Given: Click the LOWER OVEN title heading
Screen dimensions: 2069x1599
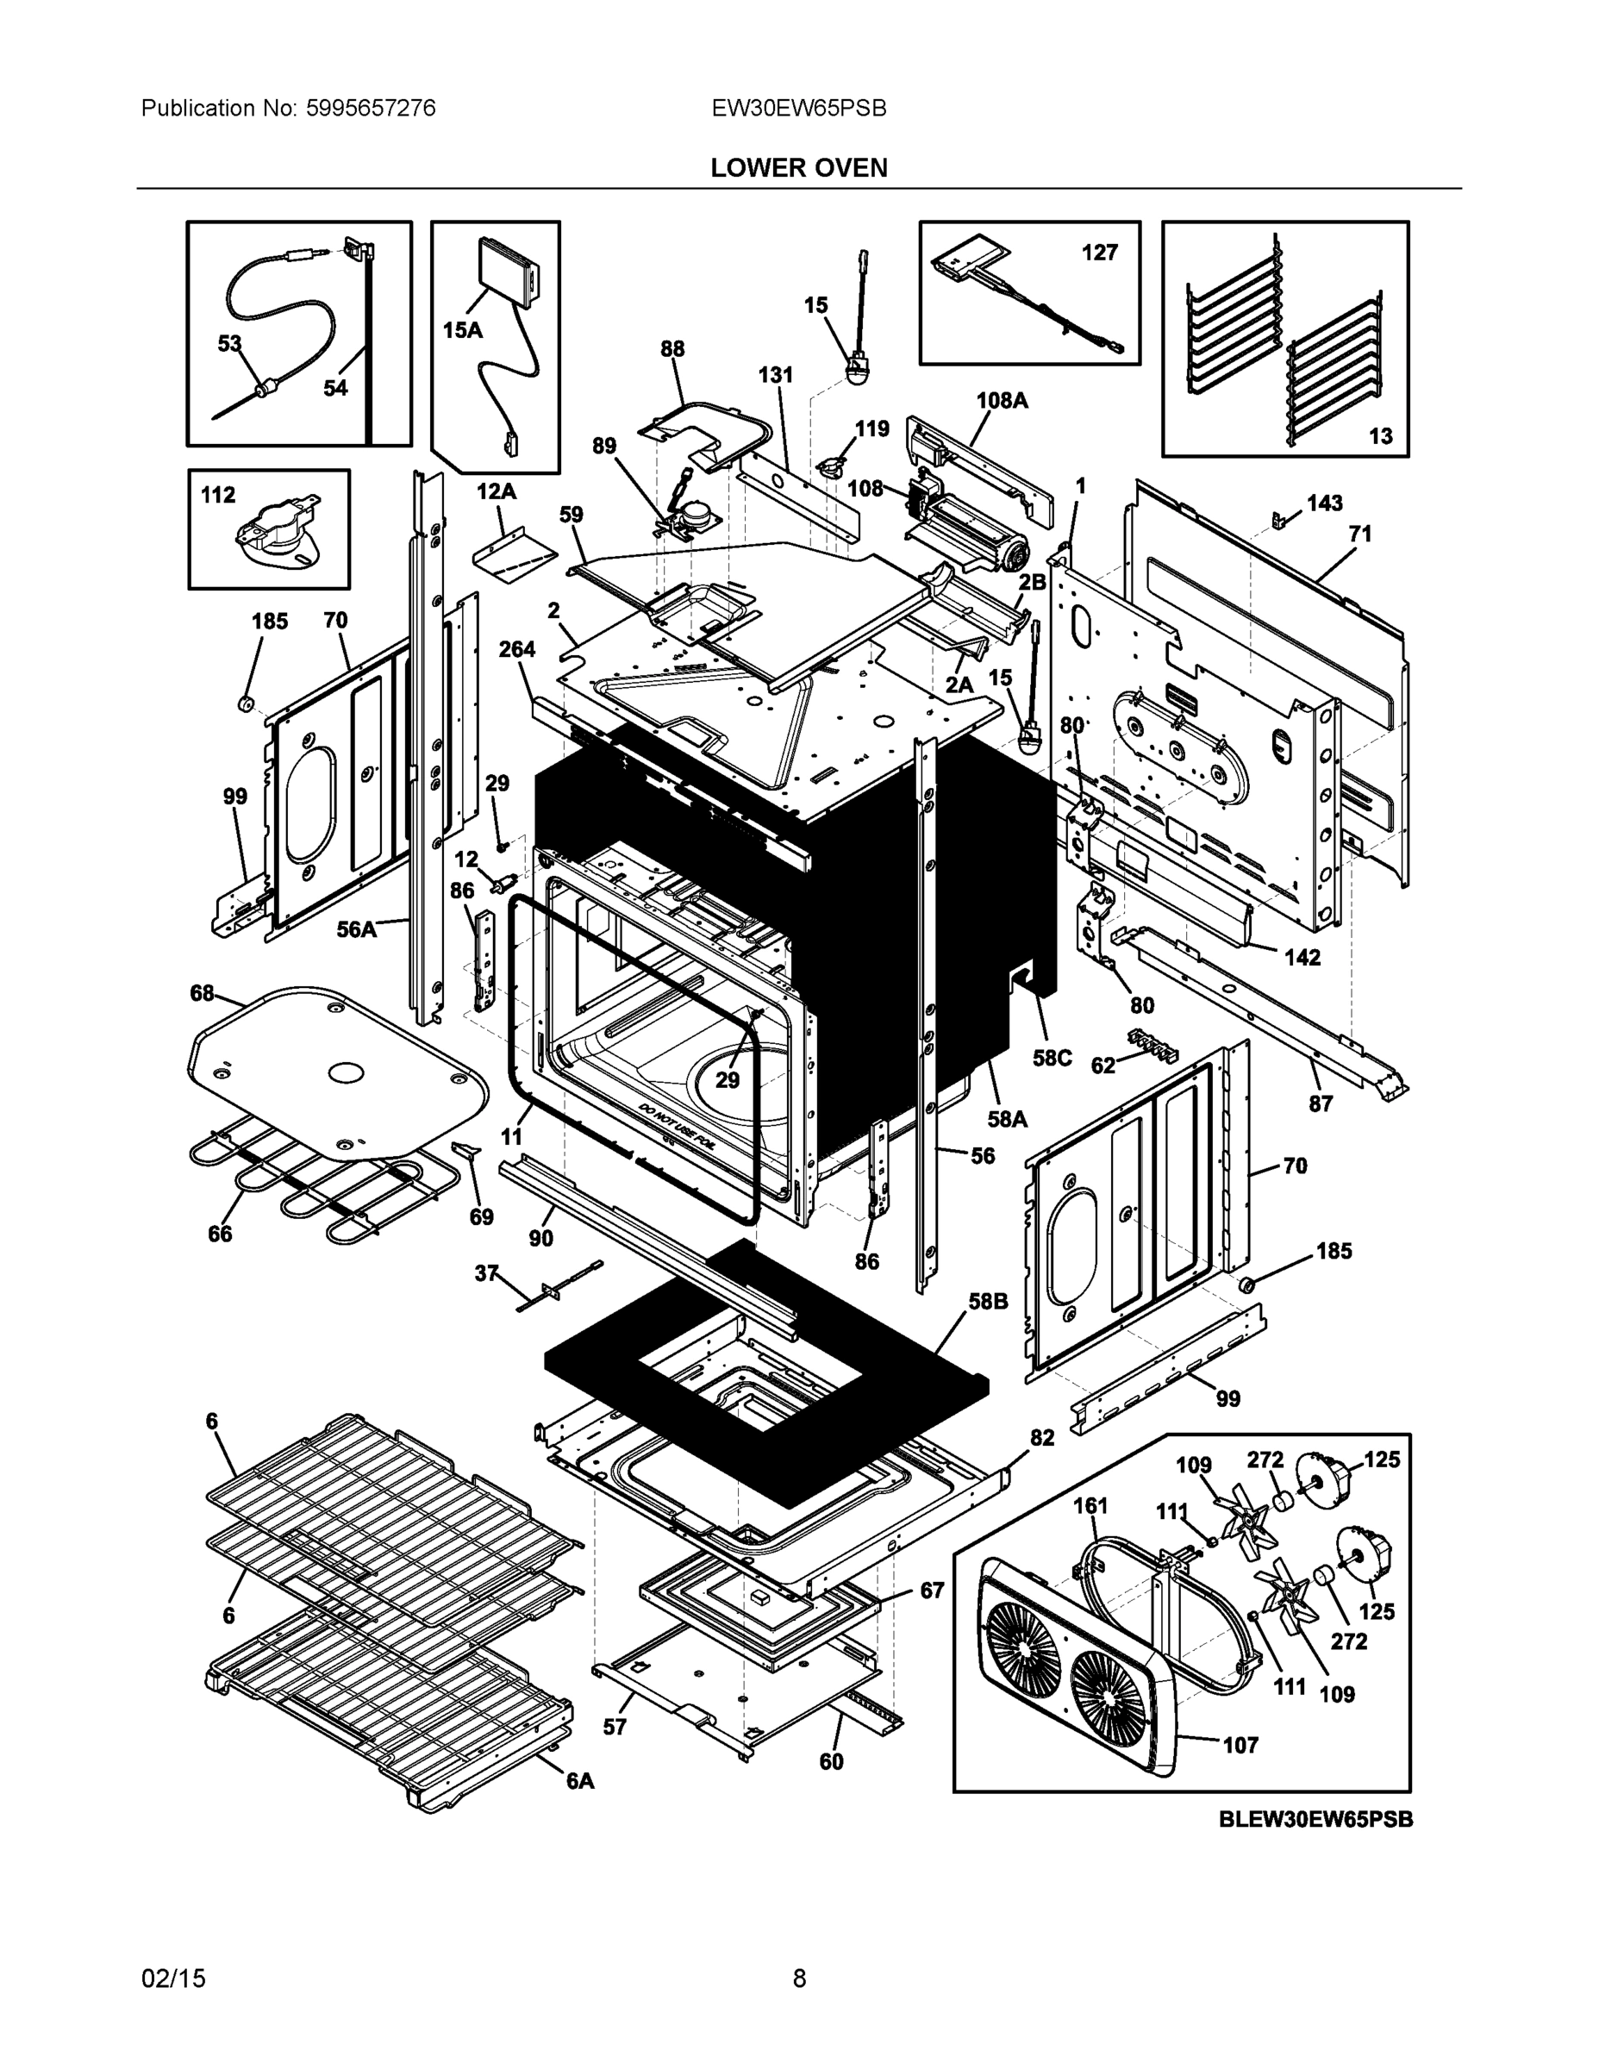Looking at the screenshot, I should click(798, 168).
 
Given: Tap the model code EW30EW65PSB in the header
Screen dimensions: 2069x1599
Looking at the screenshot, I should click(798, 108).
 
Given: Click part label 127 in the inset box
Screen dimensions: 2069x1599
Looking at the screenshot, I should click(1099, 252).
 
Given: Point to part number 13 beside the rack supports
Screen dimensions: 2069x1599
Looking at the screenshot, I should click(1380, 435).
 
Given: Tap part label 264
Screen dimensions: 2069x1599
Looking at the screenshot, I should click(517, 649).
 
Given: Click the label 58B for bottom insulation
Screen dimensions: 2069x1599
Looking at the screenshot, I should click(988, 1302).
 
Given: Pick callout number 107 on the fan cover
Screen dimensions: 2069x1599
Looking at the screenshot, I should click(1240, 1744).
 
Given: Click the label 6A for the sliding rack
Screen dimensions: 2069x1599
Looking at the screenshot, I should click(580, 1781).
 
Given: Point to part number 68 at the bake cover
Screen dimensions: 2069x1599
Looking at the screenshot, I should click(202, 993).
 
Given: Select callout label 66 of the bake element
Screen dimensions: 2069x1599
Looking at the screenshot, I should click(220, 1234).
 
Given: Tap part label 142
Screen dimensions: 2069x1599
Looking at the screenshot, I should click(1302, 957).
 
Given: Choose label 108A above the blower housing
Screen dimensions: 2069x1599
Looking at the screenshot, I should click(1002, 400).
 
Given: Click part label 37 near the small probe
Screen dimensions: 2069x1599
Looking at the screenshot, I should click(486, 1273).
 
